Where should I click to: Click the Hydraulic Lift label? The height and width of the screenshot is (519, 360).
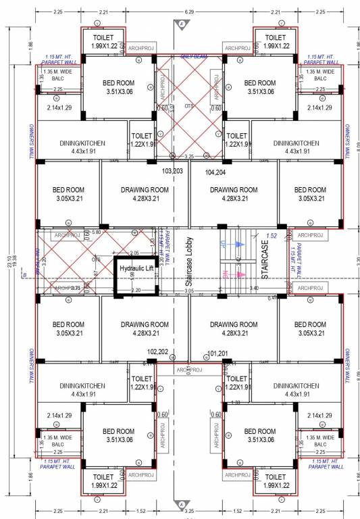137,268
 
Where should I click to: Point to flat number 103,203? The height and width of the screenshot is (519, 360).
173,172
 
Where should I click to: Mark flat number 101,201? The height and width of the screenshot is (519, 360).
220,353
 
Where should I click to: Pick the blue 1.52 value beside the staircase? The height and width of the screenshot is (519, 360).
272,236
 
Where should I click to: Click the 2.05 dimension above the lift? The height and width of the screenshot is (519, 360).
134,252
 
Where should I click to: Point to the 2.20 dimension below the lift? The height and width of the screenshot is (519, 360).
136,290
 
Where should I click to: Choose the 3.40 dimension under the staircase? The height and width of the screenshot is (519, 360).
255,289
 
